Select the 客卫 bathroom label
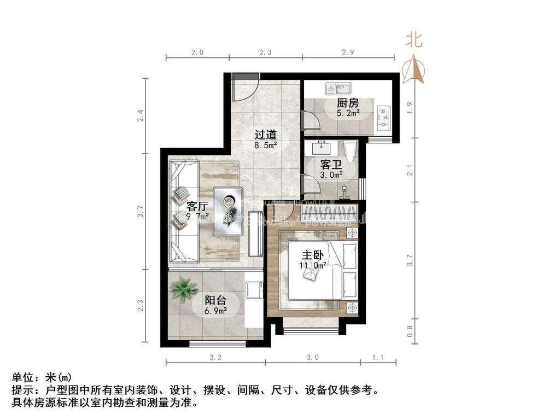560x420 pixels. pyautogui.click(x=331, y=164)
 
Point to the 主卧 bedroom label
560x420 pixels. pyautogui.click(x=312, y=255)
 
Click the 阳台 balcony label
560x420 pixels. pyautogui.click(x=215, y=300)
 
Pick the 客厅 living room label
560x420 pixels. pyautogui.click(x=197, y=206)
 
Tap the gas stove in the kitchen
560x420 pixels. pyautogui.click(x=385, y=114)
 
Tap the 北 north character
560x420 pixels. pyautogui.click(x=413, y=40)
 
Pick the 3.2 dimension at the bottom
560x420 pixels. pyautogui.click(x=215, y=358)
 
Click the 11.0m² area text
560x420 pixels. pyautogui.click(x=312, y=265)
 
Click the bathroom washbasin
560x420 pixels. pyautogui.click(x=320, y=148)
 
